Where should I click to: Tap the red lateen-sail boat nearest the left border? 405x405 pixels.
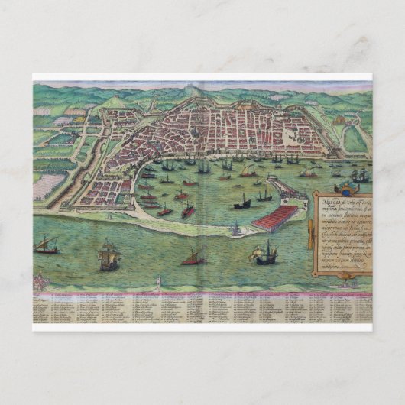tap(48, 245)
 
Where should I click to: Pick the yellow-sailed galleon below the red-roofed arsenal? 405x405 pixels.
tap(266, 253)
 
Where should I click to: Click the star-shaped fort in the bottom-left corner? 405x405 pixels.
tap(43, 284)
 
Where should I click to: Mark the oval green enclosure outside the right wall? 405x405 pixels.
tap(354, 138)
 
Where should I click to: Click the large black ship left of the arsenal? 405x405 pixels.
tap(242, 203)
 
